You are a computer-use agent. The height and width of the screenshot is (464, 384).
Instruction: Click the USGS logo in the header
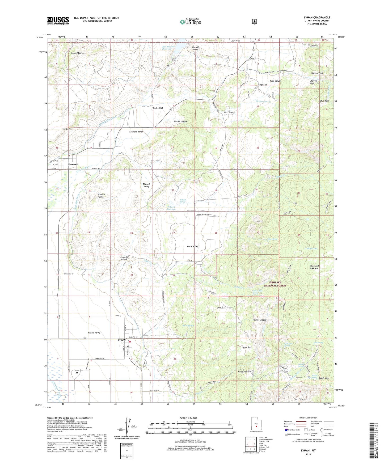[x=58, y=20]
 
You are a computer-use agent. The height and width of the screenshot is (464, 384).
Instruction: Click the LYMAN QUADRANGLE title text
[x=317, y=18]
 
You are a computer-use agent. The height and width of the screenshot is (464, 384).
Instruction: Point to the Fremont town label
[x=73, y=164]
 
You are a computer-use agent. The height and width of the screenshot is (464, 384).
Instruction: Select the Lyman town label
[x=122, y=340]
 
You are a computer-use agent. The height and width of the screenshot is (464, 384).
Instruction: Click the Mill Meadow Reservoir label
[x=168, y=48]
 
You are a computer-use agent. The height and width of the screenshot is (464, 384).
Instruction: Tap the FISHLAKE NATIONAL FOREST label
[x=275, y=284]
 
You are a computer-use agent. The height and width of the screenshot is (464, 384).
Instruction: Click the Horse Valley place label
[x=193, y=246]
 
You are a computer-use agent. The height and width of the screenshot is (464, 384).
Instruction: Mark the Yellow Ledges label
[x=259, y=320]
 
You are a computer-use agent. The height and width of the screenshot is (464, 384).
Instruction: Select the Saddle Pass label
[x=324, y=378]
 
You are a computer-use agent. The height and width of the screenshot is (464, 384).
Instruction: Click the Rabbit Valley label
[x=94, y=333]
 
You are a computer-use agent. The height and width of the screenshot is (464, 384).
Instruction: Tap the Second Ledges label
[x=78, y=53]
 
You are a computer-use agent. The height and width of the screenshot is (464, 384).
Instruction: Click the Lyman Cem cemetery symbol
[x=77, y=373]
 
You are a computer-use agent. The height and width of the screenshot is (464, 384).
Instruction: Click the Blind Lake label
[x=312, y=248]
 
